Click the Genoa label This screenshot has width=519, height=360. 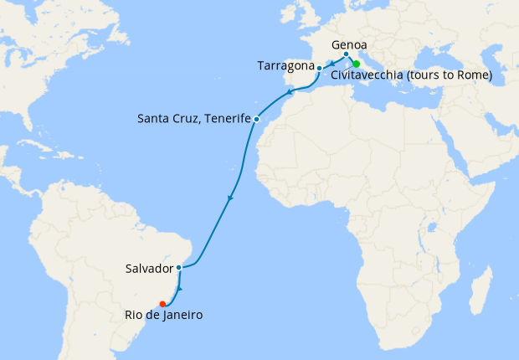(x=348, y=46)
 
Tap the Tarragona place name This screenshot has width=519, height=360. (x=285, y=66)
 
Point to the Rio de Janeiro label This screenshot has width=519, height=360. (x=159, y=315)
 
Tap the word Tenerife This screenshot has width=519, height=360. (x=227, y=119)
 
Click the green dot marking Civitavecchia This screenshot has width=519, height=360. (x=356, y=64)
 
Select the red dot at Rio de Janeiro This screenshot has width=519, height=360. (x=162, y=304)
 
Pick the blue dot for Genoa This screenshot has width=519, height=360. (x=346, y=55)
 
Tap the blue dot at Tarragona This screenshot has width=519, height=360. (x=319, y=68)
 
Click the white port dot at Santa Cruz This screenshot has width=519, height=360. (x=256, y=119)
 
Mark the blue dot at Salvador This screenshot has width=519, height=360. (x=179, y=268)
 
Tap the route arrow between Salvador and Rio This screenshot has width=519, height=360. (x=178, y=289)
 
